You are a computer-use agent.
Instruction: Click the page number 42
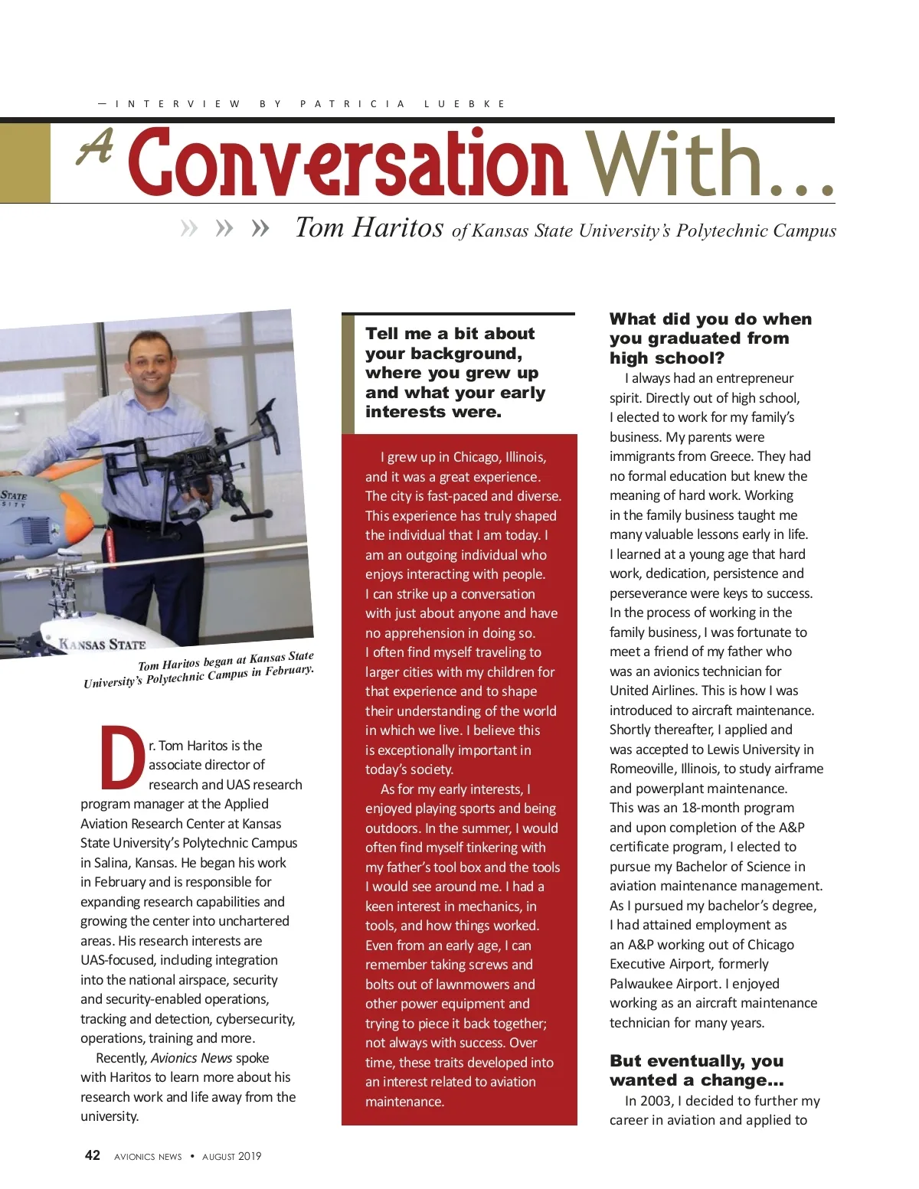pyautogui.click(x=93, y=1155)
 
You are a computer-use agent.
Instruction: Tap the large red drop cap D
pyautogui.click(x=122, y=757)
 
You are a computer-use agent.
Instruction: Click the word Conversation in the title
pyautogui.click(x=348, y=162)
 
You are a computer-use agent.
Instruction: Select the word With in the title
pyautogui.click(x=674, y=162)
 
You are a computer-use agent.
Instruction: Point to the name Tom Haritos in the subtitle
pyautogui.click(x=369, y=228)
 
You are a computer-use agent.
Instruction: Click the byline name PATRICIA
pyautogui.click(x=353, y=104)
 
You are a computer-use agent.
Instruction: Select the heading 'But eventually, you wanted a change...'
pyautogui.click(x=696, y=1070)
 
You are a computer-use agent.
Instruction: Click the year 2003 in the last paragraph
pyautogui.click(x=656, y=1101)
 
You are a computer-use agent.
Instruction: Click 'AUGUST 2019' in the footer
pyautogui.click(x=231, y=1156)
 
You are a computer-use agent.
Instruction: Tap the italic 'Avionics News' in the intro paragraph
pyautogui.click(x=191, y=1058)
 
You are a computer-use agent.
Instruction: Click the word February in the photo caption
pyautogui.click(x=288, y=671)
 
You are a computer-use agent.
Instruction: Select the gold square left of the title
pyautogui.click(x=25, y=163)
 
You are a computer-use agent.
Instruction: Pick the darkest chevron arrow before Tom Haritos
pyautogui.click(x=260, y=228)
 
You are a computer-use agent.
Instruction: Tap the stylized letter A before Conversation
pyautogui.click(x=96, y=147)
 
